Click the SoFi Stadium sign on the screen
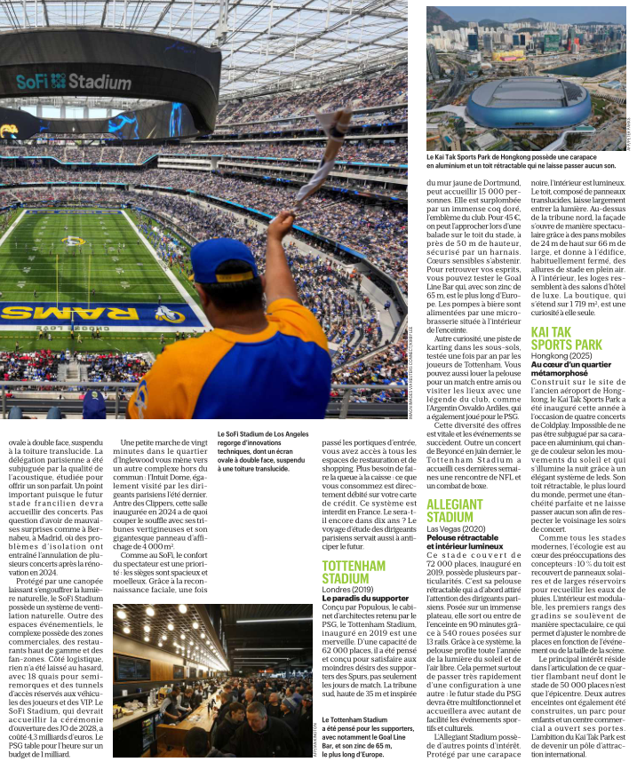tap(73, 81)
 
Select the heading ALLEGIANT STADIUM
tap(456, 511)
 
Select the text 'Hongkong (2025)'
tap(564, 355)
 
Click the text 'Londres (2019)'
tap(348, 589)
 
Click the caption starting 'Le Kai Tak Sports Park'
tap(521, 161)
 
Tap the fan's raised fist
tap(280, 226)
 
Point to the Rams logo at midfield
tap(74, 240)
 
